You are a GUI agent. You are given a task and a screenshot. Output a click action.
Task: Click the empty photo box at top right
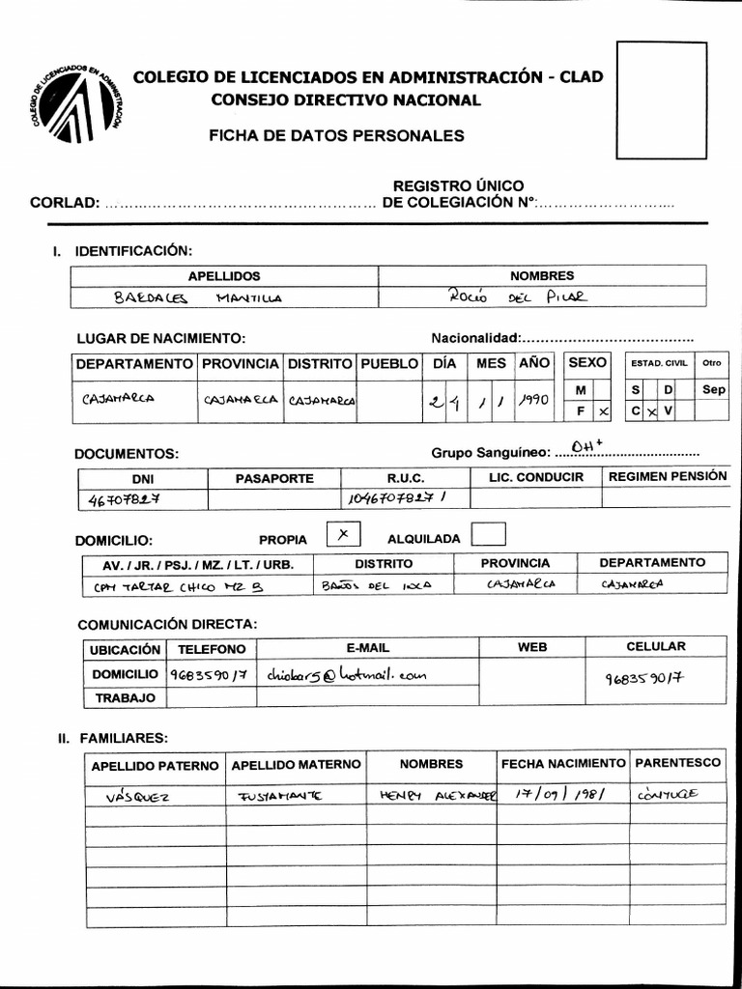pos(662,99)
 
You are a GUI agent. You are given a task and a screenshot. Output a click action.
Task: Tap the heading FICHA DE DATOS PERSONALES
pos(336,136)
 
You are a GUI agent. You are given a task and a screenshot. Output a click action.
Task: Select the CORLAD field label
pos(65,203)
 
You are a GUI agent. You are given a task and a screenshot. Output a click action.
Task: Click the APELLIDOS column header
pos(224,276)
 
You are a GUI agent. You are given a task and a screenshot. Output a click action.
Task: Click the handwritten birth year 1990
pos(533,398)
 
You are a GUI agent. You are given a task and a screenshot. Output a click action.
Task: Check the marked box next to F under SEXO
pos(603,410)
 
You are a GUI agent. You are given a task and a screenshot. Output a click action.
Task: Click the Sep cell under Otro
pos(713,389)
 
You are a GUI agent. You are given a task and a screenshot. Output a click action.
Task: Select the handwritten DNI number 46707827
pos(124,499)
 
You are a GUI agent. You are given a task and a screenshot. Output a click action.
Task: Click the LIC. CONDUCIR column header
pos(536,477)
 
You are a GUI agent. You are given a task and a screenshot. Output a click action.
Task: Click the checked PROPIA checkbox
pos(343,534)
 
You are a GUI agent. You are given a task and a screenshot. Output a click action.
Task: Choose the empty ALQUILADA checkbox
pos(489,534)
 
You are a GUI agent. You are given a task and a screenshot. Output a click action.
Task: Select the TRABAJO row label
pos(124,696)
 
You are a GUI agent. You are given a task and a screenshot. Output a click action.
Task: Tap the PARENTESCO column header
pos(678,763)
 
